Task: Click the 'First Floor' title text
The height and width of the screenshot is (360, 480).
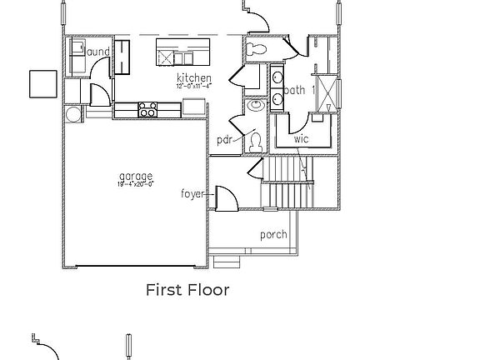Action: pyautogui.click(x=187, y=290)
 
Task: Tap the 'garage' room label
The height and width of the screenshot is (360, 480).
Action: pyautogui.click(x=135, y=176)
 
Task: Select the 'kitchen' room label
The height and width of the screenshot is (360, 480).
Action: pyautogui.click(x=193, y=77)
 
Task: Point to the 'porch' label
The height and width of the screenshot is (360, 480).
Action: pyautogui.click(x=273, y=234)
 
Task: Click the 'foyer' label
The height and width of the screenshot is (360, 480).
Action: pyautogui.click(x=192, y=194)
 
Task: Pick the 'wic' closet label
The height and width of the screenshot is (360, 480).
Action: pyautogui.click(x=301, y=138)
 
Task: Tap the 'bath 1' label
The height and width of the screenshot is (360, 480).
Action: pyautogui.click(x=298, y=89)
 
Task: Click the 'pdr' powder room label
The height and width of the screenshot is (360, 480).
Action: pyautogui.click(x=223, y=140)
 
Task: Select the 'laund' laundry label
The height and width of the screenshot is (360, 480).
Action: pyautogui.click(x=97, y=52)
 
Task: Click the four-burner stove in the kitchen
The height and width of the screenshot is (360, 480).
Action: pyautogui.click(x=147, y=108)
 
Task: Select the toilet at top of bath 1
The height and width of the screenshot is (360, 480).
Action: pyautogui.click(x=257, y=50)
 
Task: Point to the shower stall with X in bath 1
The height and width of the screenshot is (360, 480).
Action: pyautogui.click(x=327, y=92)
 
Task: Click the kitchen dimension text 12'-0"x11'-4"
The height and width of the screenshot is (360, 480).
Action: pyautogui.click(x=193, y=85)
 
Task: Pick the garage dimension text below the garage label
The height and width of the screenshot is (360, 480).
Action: pyautogui.click(x=135, y=184)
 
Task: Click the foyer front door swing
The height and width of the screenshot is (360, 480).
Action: pyautogui.click(x=227, y=198)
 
